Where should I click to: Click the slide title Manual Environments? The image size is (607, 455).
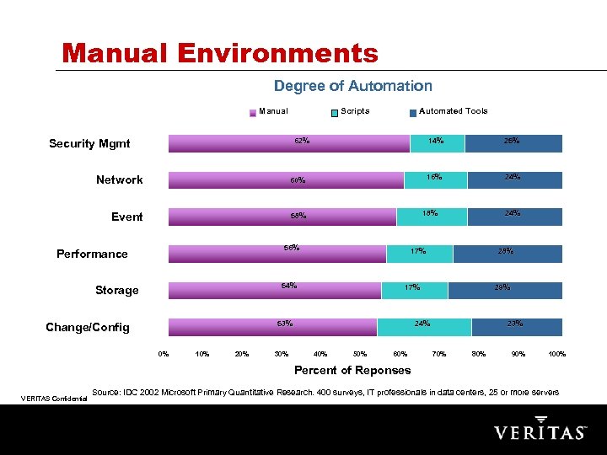point(220,53)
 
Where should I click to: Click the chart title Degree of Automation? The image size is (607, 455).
point(352,86)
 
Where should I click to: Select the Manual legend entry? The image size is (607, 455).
point(269,111)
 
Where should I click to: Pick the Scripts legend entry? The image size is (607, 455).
point(350,111)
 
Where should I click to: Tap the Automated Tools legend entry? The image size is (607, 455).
point(449,111)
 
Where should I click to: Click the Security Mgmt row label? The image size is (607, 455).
point(89,143)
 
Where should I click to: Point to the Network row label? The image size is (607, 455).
point(119,179)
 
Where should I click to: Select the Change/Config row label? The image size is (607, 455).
point(88,327)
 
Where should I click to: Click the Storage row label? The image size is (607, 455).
point(116,290)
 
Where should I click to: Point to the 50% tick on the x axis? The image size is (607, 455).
point(360,354)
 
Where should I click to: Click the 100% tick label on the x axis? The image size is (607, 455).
point(556,354)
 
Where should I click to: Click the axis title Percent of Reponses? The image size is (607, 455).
point(352,371)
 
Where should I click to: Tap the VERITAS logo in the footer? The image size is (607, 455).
point(540,430)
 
